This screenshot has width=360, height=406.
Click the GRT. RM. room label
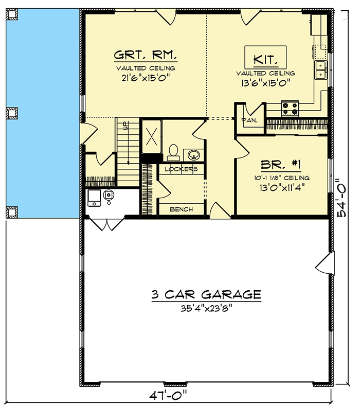[x=146, y=55]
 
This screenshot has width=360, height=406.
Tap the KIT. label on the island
[x=265, y=60]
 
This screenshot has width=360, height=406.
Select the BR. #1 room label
[x=281, y=165]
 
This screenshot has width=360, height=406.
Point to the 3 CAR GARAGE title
[x=206, y=295]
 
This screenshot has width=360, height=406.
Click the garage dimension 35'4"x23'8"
[x=206, y=308]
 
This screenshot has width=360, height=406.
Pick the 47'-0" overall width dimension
[x=168, y=395]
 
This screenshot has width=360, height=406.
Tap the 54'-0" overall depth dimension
[x=341, y=198]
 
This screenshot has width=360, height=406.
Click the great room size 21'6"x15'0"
[x=146, y=78]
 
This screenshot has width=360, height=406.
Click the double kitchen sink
[x=321, y=70]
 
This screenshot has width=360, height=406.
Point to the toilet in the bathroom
[x=173, y=152]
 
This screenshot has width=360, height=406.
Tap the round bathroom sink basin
[x=193, y=155]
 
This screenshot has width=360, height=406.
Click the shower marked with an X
[x=151, y=136]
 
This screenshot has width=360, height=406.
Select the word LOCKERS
[x=181, y=169]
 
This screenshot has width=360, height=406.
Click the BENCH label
[x=181, y=209]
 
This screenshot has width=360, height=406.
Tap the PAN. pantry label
[x=249, y=120]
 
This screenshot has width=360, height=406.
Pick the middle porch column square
[x=12, y=113]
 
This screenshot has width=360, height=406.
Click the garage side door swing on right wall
[x=325, y=263]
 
